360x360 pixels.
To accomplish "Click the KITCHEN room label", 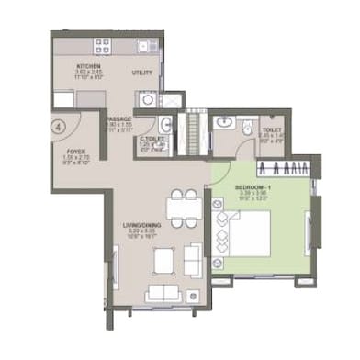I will point(88,67).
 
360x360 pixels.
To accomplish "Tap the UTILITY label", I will point(142,72).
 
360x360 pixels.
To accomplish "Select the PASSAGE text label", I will point(118,118).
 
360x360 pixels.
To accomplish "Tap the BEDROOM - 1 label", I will point(232,186).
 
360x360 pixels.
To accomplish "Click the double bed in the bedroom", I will point(252,234).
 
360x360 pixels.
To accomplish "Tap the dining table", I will point(184,208).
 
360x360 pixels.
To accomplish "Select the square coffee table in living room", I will point(163,262).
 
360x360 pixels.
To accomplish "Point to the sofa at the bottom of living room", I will point(164,293).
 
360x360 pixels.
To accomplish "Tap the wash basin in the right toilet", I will point(224,123).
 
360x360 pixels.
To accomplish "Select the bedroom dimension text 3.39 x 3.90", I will point(231,194).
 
